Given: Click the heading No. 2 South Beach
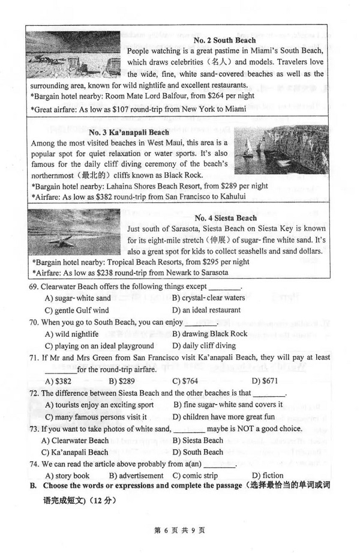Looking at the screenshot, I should pos(225,40).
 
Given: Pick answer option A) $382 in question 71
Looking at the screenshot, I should pos(58,381).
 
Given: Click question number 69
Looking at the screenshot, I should pos(34,286).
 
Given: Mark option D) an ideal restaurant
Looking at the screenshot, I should pos(206,310).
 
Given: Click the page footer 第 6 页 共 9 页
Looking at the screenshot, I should pos(179,530).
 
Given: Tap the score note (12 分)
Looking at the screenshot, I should pos(101,500).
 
